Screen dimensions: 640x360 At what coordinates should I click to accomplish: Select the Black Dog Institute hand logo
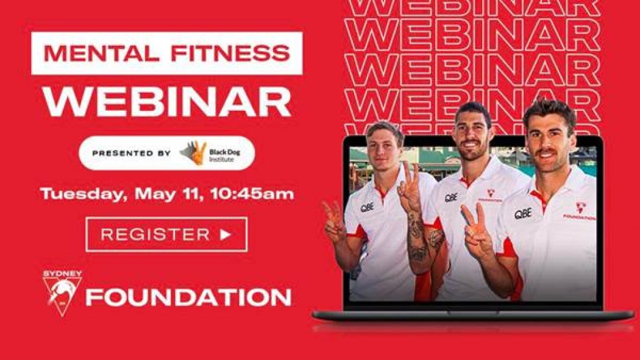click(x=193, y=153)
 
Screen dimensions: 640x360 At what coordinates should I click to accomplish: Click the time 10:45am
click(x=252, y=194)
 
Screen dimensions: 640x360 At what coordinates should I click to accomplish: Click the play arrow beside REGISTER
click(x=226, y=235)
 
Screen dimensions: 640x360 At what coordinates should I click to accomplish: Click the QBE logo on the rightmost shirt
click(x=522, y=214)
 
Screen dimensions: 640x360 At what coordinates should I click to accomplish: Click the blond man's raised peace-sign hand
click(x=335, y=222)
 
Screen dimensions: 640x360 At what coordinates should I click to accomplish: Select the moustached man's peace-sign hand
click(x=476, y=228)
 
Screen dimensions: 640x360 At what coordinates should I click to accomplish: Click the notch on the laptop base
click(x=474, y=312)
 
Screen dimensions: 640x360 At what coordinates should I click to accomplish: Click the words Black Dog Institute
click(x=224, y=155)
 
